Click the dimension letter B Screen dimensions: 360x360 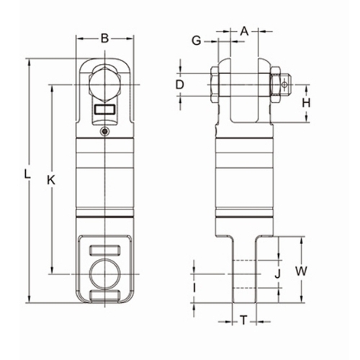104,38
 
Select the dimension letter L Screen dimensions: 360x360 27,174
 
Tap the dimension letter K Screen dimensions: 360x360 51,180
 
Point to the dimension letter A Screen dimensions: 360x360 244,31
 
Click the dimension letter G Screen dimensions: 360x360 197,41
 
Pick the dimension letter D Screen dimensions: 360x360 180,85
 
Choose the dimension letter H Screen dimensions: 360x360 306,103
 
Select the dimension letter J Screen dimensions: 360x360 277,274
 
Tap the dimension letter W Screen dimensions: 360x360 301,271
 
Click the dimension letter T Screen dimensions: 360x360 244,320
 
